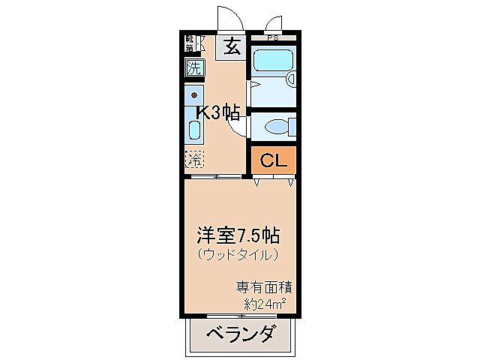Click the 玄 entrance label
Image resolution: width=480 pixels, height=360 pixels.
pyautogui.click(x=232, y=47)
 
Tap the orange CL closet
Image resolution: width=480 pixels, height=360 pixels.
pyautogui.click(x=274, y=160)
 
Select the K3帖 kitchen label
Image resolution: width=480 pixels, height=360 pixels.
pyautogui.click(x=218, y=113)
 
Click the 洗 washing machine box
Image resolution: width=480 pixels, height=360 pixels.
pyautogui.click(x=194, y=67)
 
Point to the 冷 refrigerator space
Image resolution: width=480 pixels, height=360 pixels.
pyautogui.click(x=194, y=158)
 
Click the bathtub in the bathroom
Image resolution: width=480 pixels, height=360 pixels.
pyautogui.click(x=271, y=61)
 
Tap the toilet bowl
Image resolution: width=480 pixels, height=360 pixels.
pyautogui.click(x=281, y=125)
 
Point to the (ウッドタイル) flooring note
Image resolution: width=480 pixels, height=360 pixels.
pyautogui.click(x=239, y=255)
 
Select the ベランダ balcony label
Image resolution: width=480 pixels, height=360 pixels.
pyautogui.click(x=239, y=334)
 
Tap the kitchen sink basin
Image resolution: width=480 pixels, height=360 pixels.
pyautogui.click(x=194, y=131)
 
